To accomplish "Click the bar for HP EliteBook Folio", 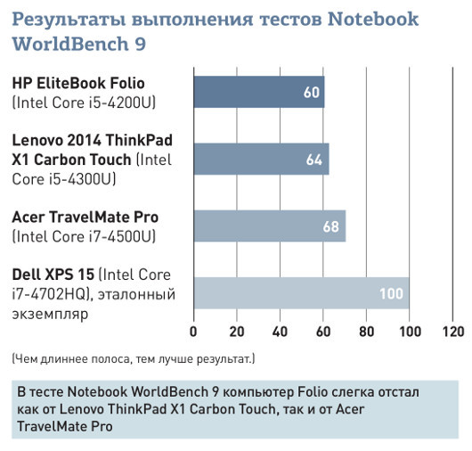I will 258,92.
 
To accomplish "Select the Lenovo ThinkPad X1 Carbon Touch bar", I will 261,159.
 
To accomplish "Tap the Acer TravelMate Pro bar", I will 269,226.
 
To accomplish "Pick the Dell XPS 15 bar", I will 301,293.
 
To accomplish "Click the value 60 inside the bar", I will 312,92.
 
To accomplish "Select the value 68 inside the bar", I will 331,226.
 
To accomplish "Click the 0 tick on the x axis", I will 194,332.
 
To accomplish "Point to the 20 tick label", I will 237,332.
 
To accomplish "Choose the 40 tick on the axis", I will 281,332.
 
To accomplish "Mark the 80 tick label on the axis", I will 367,332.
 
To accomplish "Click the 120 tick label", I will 452,332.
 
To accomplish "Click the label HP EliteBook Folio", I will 78,83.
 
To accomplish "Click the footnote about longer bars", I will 133,359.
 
